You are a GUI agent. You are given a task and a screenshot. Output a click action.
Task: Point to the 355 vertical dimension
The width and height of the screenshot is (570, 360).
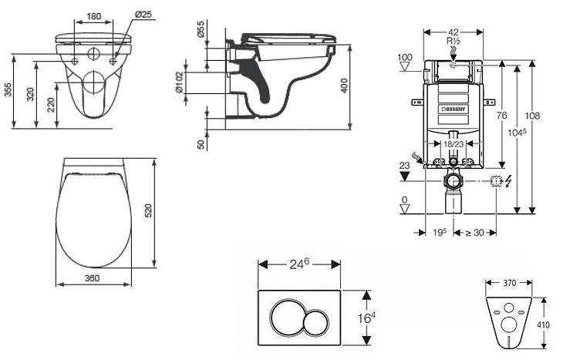[8, 91]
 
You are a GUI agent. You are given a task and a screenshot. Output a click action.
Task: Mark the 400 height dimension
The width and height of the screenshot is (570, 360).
[345, 84]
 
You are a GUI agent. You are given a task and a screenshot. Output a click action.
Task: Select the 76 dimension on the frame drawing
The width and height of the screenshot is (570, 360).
[501, 116]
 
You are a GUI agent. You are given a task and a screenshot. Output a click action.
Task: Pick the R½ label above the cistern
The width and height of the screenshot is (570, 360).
[454, 40]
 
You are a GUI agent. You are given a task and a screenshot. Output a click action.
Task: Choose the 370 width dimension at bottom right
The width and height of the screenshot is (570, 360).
[510, 284]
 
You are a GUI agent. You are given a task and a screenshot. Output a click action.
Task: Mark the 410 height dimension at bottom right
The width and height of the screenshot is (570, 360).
[543, 325]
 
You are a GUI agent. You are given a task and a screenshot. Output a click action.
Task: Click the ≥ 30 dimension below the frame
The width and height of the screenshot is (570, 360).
[474, 231]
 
